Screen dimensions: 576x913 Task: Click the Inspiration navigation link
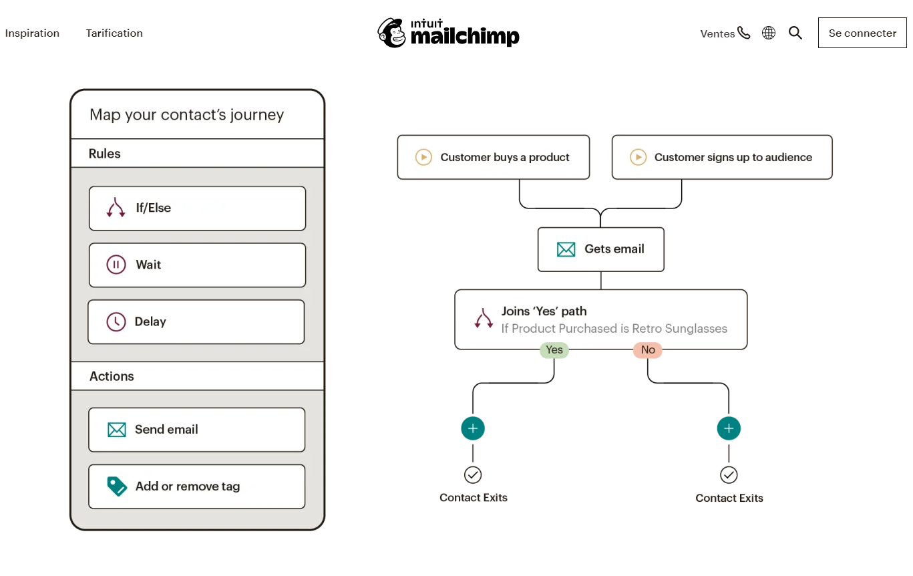point(32,33)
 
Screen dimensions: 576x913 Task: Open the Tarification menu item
point(114,33)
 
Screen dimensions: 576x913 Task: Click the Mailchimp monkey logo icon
point(392,33)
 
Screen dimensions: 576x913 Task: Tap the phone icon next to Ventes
point(744,33)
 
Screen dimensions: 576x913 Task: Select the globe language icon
point(769,33)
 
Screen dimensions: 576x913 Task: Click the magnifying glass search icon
point(795,33)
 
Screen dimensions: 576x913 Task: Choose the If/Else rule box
point(197,208)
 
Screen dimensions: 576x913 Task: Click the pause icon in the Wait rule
point(116,265)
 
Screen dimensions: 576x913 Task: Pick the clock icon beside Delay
point(116,321)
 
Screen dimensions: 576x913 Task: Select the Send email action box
point(196,430)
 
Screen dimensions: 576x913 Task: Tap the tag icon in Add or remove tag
point(117,486)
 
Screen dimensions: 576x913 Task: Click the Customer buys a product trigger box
point(493,157)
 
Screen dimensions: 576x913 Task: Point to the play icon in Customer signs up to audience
point(638,157)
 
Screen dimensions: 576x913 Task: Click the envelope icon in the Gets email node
point(566,249)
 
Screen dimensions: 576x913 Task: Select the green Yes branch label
point(554,350)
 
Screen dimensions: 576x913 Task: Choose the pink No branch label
point(647,350)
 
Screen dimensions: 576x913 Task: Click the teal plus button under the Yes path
point(473,428)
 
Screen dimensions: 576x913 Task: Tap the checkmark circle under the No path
point(729,475)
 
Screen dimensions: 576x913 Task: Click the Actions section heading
point(112,376)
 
